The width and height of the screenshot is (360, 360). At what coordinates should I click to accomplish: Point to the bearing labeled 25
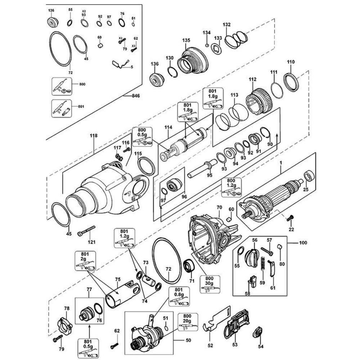click(x=309, y=177)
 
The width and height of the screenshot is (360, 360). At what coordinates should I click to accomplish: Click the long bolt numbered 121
click(x=86, y=230)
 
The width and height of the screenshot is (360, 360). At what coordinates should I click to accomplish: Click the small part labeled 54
click(x=258, y=332)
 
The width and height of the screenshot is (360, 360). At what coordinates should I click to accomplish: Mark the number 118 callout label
click(x=94, y=136)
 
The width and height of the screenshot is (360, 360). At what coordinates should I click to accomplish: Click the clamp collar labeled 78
click(x=65, y=322)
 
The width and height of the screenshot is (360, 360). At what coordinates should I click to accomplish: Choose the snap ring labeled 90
click(x=266, y=133)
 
